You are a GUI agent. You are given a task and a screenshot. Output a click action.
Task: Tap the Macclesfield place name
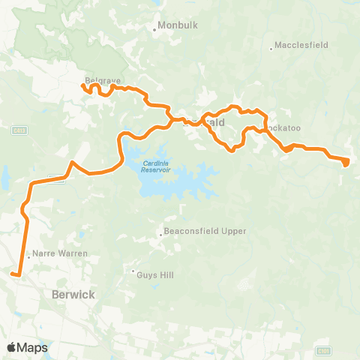click(x=301, y=45)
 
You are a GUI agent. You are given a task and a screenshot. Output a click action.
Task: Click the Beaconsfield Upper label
click(x=205, y=231)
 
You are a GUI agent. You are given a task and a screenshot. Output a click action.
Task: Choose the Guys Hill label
click(x=155, y=274)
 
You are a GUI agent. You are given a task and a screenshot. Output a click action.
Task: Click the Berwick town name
click(x=73, y=295)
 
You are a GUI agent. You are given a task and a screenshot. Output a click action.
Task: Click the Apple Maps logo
click(x=27, y=347)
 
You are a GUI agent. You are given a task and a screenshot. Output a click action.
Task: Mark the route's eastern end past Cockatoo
click(x=346, y=162)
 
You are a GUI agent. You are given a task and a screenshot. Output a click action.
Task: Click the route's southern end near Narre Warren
click(x=13, y=275)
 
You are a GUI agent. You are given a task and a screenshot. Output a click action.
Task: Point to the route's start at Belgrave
click(x=82, y=87)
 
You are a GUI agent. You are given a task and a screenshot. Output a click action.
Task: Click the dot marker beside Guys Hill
click(x=133, y=271)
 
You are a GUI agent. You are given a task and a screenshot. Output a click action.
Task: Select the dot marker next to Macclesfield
click(x=271, y=49)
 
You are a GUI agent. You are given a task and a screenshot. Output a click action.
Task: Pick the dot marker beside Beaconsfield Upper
click(x=160, y=235)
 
